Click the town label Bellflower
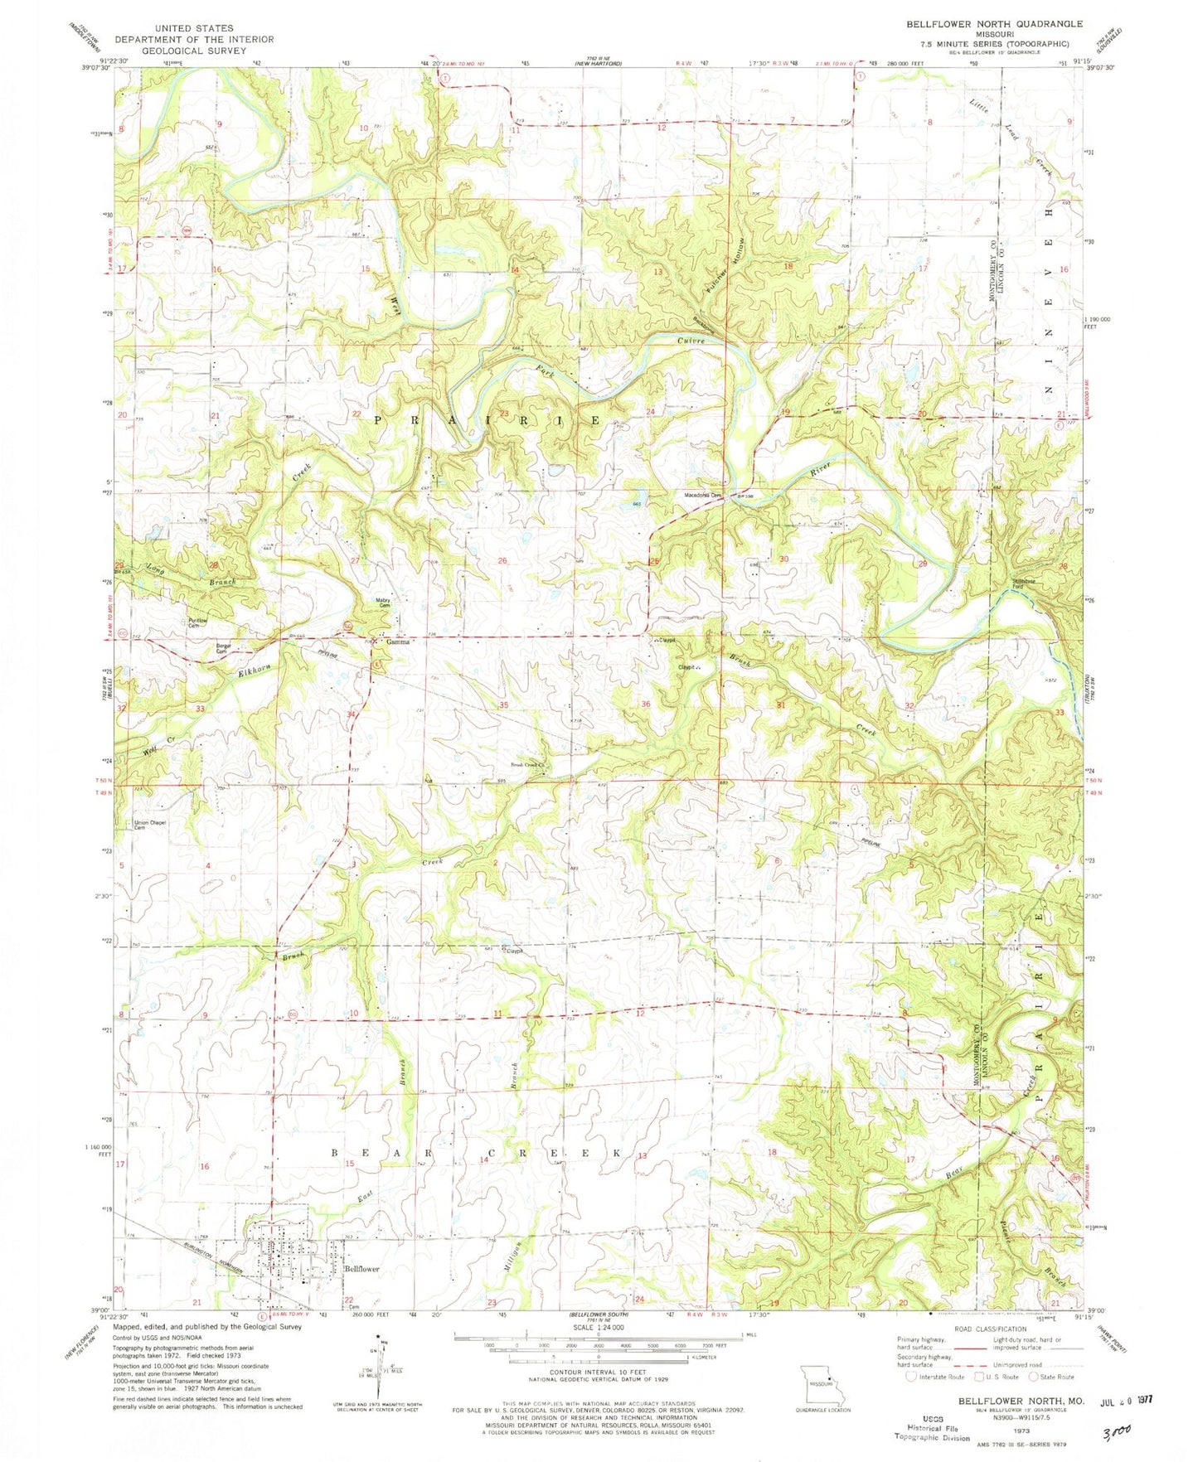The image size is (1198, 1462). (361, 1269)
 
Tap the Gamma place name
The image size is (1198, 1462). (395, 641)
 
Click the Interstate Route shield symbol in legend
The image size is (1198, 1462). (912, 1377)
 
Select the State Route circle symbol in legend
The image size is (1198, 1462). (1034, 1377)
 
